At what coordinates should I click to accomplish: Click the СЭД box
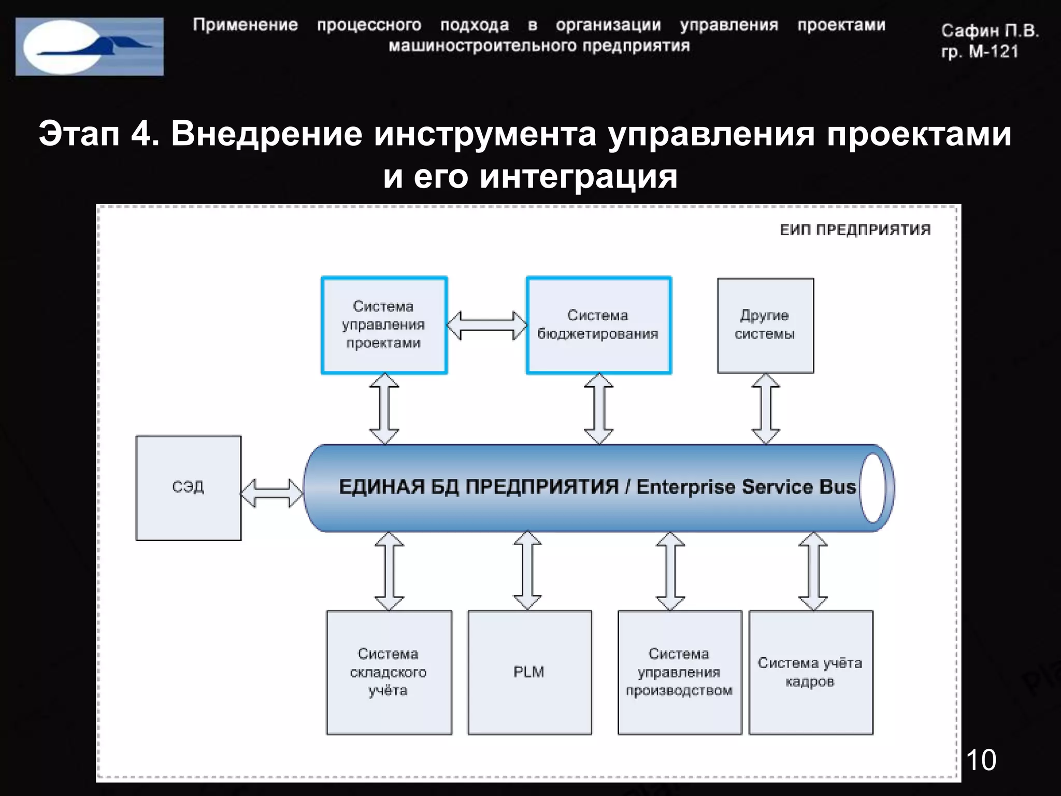click(189, 488)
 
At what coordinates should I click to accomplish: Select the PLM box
click(529, 672)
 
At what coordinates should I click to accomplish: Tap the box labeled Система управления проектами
click(384, 325)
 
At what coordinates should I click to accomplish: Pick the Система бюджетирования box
click(598, 325)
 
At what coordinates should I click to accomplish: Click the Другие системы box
click(765, 325)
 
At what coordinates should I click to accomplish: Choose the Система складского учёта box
click(389, 672)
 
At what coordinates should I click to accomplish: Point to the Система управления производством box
click(679, 672)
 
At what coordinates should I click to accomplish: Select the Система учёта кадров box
click(810, 672)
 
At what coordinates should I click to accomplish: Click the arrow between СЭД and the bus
click(272, 493)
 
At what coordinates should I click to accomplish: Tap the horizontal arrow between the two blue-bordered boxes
click(486, 325)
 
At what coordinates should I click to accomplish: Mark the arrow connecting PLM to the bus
click(527, 571)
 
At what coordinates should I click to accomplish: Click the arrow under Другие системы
click(766, 409)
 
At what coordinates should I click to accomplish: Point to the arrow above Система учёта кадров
click(813, 571)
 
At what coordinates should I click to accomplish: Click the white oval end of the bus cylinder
click(873, 488)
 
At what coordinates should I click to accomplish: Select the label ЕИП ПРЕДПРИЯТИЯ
click(855, 230)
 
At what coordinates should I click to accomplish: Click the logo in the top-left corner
click(90, 47)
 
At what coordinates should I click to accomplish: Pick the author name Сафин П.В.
click(990, 31)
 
